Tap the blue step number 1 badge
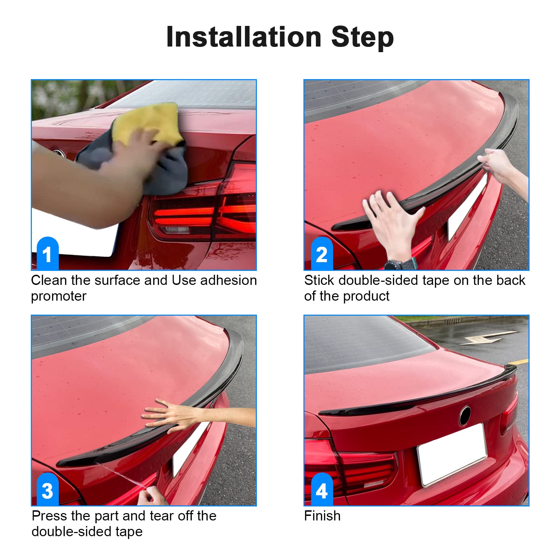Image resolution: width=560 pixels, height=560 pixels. pyautogui.click(x=48, y=253)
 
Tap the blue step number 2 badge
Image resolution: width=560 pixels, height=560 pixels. pyautogui.click(x=322, y=253)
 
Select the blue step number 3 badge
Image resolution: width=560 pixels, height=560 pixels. pyautogui.click(x=48, y=489)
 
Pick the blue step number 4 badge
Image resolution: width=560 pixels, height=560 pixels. pyautogui.click(x=322, y=489)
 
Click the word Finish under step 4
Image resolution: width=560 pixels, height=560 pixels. pyautogui.click(x=322, y=516)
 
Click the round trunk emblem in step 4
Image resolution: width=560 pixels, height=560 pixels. pyautogui.click(x=465, y=415)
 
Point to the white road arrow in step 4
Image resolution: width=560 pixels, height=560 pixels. pyautogui.click(x=489, y=338)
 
